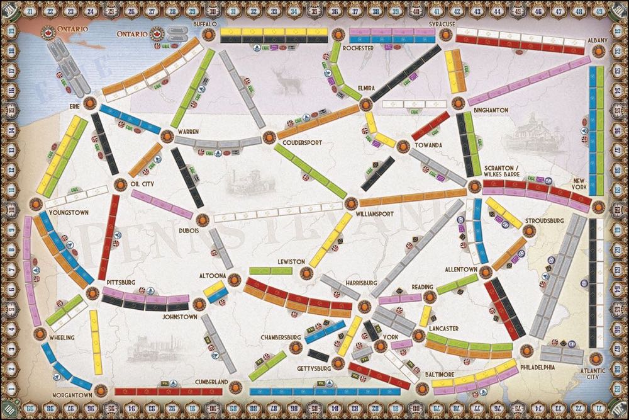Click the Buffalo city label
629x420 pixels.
(x=204, y=23)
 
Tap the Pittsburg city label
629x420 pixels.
(x=121, y=284)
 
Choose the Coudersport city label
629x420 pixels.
(x=302, y=143)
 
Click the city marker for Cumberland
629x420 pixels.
(x=233, y=385)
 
